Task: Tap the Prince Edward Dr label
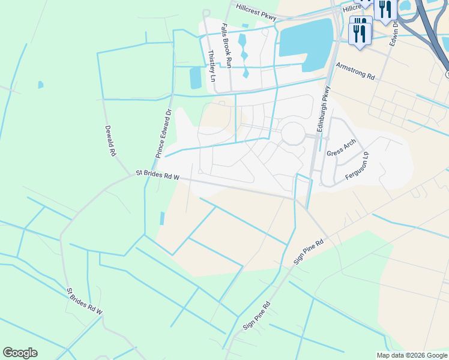click(x=164, y=133)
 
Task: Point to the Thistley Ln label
click(x=211, y=65)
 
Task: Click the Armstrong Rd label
click(x=355, y=72)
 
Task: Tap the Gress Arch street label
click(x=342, y=148)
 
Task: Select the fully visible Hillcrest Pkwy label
click(x=256, y=13)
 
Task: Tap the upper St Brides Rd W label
click(x=157, y=175)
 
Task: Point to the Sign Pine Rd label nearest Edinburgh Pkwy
click(x=309, y=252)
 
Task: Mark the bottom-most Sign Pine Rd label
click(x=257, y=315)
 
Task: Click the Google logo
click(x=20, y=353)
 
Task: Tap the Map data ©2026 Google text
click(x=412, y=355)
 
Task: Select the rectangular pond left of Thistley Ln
click(x=196, y=78)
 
